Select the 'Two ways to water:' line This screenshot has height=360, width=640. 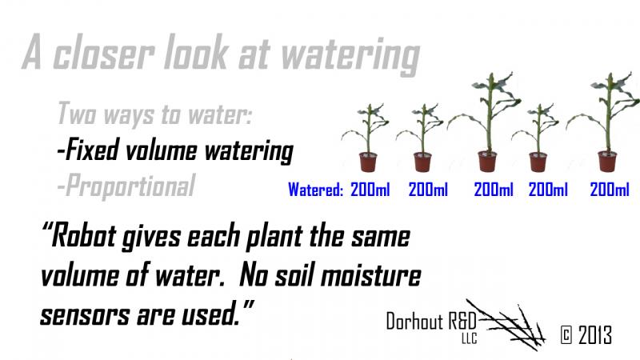pos(155,114)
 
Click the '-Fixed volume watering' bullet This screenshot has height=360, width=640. pos(174,150)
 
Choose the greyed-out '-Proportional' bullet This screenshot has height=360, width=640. pos(126,186)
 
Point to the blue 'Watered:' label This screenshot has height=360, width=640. pos(316,190)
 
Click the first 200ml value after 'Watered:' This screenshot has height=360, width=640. pos(370,190)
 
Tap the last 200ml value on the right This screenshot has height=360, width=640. pos(610,190)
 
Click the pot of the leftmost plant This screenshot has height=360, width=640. pos(369,162)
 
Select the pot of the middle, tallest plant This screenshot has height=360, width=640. pos(486,161)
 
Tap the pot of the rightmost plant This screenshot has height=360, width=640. pos(607,161)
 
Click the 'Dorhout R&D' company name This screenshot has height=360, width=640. pos(432,322)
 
